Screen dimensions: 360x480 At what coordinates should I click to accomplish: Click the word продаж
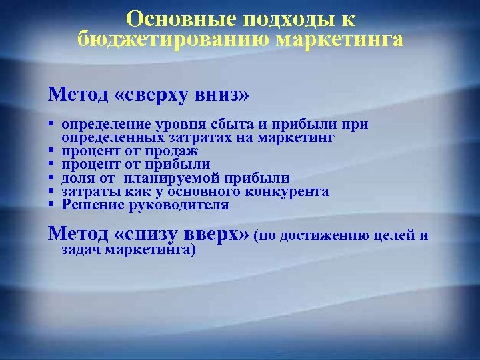(159, 151)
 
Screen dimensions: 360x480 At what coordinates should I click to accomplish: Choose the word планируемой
(180, 178)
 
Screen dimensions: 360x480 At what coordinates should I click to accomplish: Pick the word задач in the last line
(79, 251)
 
